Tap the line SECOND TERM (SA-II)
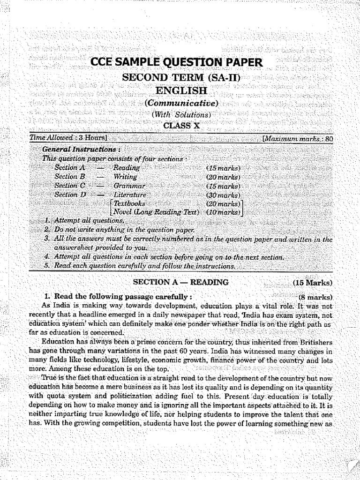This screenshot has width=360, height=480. tap(180, 77)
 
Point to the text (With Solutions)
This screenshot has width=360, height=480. tap(181, 114)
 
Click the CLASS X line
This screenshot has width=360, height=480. tap(181, 125)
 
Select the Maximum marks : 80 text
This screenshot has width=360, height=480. tap(298, 139)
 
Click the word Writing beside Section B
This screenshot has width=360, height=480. tap(125, 177)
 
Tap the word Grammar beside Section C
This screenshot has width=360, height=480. tap(128, 186)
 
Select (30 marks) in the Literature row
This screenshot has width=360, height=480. tap(223, 195)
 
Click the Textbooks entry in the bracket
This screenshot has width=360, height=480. tap(129, 204)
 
